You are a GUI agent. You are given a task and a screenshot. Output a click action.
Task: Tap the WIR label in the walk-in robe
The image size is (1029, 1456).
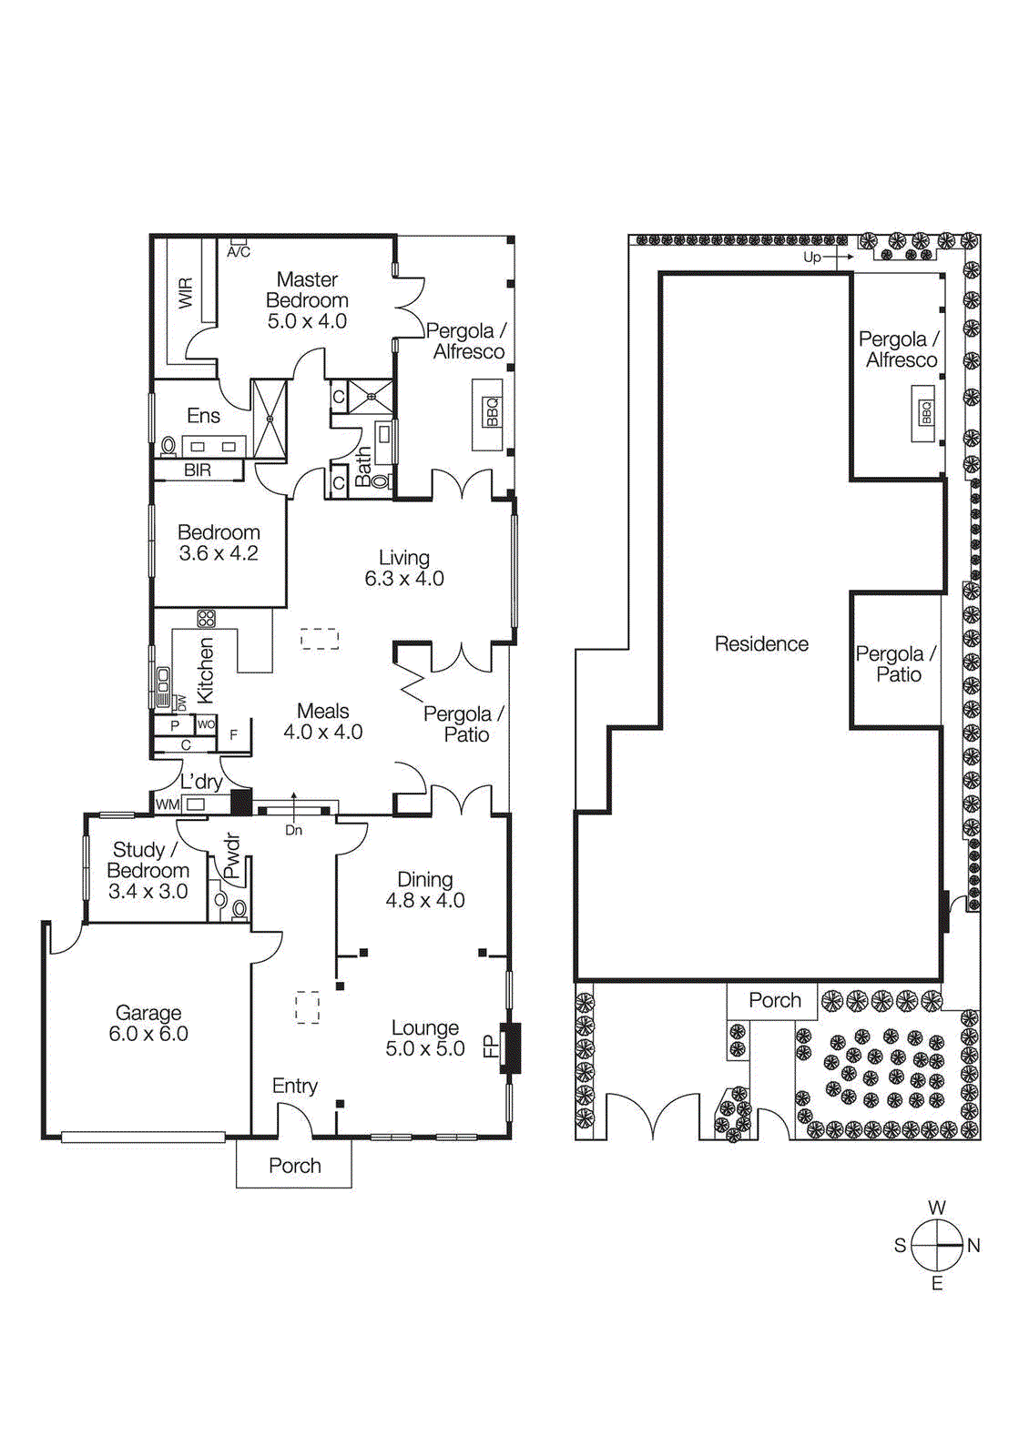pyautogui.click(x=186, y=292)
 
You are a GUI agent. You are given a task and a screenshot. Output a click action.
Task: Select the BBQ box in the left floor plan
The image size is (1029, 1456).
pyautogui.click(x=493, y=411)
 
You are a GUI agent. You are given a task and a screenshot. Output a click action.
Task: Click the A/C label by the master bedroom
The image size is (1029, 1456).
pyautogui.click(x=239, y=252)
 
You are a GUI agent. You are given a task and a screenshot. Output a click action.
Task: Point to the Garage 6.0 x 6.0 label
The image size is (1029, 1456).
pyautogui.click(x=148, y=1023)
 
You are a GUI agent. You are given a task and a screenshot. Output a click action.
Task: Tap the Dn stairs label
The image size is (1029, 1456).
pyautogui.click(x=293, y=830)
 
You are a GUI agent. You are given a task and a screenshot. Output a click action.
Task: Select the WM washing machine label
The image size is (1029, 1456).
pyautogui.click(x=168, y=804)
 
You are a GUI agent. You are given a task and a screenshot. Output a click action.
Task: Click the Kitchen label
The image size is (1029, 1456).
pyautogui.click(x=206, y=670)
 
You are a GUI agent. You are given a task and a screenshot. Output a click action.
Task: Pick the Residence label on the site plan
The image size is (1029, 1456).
pyautogui.click(x=761, y=644)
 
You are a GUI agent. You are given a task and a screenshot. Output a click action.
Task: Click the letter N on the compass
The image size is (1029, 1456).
pyautogui.click(x=973, y=1246)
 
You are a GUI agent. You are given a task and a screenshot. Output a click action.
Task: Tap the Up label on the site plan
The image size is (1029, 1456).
pyautogui.click(x=812, y=258)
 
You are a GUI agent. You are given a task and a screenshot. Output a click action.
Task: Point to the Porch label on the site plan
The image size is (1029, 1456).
pyautogui.click(x=775, y=1000)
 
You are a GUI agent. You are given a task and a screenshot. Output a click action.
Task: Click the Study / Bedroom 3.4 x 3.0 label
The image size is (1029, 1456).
pyautogui.click(x=148, y=870)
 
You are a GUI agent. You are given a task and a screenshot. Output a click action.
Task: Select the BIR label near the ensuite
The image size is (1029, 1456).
pyautogui.click(x=198, y=470)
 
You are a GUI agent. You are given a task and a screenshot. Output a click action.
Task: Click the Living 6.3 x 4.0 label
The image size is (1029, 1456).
pyautogui.click(x=404, y=568)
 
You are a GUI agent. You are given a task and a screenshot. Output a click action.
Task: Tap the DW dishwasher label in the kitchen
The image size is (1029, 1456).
pyautogui.click(x=181, y=703)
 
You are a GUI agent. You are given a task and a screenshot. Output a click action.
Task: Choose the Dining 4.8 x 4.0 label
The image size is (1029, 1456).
pyautogui.click(x=425, y=889)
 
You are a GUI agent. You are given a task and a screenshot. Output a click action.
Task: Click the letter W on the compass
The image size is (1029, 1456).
pyautogui.click(x=937, y=1208)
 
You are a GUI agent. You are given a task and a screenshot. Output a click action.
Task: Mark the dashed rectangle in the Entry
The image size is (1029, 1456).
pyautogui.click(x=308, y=1007)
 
